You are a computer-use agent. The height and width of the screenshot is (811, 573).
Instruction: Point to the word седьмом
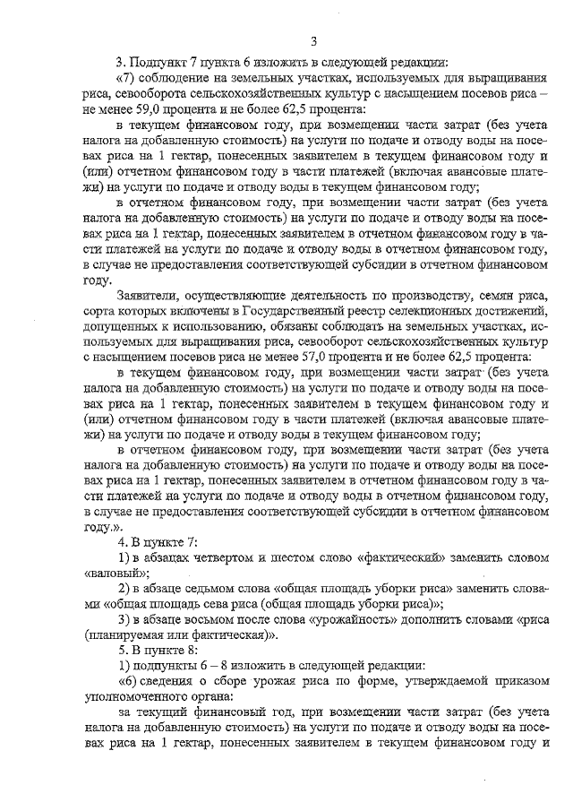click(204, 588)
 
